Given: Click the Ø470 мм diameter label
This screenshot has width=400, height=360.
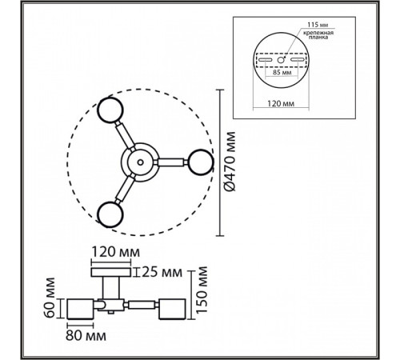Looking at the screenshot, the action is pos(230,162).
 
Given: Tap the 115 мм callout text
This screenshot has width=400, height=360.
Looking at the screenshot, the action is pos(318,25).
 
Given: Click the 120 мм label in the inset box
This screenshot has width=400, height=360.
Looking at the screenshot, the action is pos(281,103).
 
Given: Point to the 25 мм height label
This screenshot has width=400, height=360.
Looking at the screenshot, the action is pos(162,272).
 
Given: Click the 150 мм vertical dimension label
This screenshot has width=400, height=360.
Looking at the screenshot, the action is pos(202,290).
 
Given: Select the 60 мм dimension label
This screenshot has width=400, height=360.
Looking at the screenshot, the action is pos(50,298).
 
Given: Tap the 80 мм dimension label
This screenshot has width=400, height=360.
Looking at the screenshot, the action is pos(86,335).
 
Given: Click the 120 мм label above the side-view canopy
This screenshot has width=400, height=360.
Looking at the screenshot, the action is pos(115,252).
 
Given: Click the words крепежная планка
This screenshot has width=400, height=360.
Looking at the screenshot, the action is pos(318,35).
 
